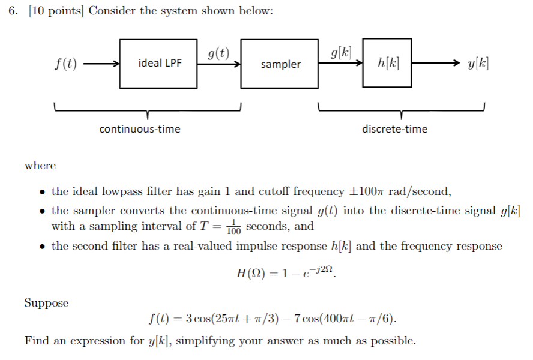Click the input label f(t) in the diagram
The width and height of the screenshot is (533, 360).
(x=65, y=64)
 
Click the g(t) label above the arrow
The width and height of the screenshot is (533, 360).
(x=218, y=53)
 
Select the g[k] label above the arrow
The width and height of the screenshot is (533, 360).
(x=341, y=52)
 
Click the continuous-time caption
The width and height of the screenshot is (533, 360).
(x=140, y=129)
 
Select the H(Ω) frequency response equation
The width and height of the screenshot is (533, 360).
(x=288, y=274)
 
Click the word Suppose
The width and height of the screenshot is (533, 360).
(x=46, y=303)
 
